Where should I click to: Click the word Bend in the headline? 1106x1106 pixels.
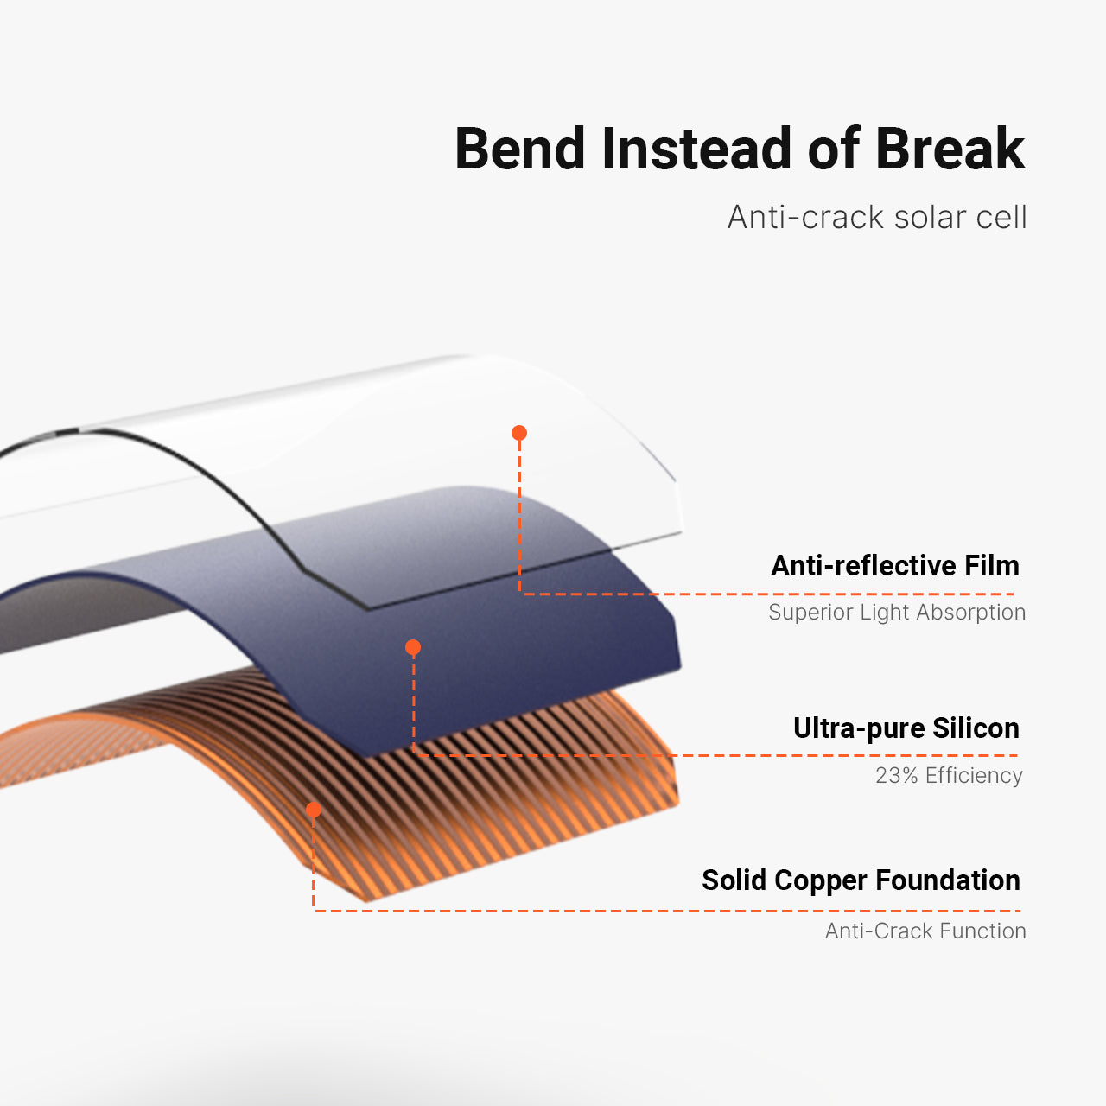[519, 149]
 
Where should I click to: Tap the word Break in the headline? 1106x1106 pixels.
[950, 149]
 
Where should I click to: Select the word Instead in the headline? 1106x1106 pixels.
[696, 149]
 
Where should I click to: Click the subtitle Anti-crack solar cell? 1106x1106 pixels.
[877, 218]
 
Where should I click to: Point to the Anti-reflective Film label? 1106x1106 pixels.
[895, 566]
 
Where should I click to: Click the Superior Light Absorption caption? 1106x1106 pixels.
[897, 613]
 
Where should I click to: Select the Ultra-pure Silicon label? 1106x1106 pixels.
[906, 728]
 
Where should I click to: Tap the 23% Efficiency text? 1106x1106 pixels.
[949, 775]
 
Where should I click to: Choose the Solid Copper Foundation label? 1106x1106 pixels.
[861, 880]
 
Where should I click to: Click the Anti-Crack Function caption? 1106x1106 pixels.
[925, 931]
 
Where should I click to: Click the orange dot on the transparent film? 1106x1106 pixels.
[518, 433]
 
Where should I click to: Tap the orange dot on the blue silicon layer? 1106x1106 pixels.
[413, 647]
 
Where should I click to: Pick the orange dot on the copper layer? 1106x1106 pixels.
[314, 810]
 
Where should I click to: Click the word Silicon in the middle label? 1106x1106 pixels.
[976, 728]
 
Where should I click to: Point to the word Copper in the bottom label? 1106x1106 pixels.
[822, 881]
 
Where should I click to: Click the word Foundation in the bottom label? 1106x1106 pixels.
[948, 880]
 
